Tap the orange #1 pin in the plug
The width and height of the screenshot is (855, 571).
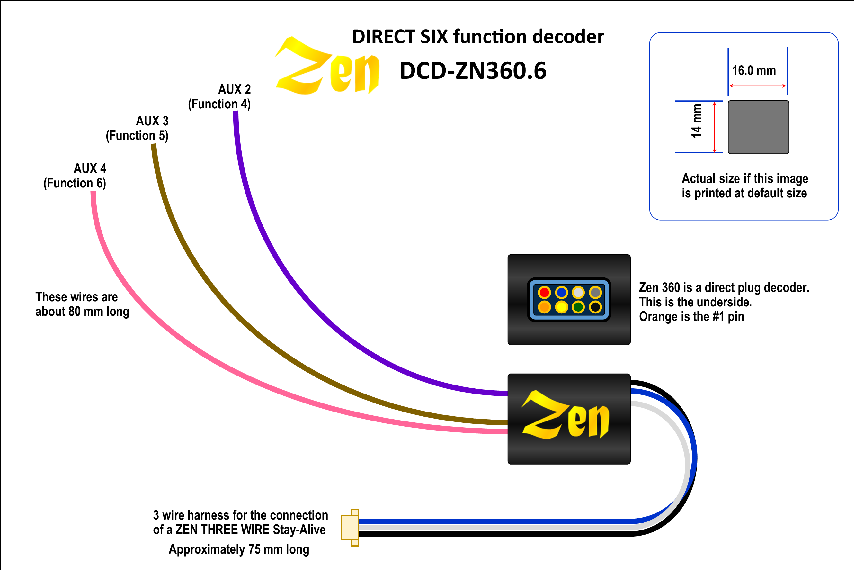(x=544, y=307)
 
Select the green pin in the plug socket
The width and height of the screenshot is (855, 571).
(x=578, y=307)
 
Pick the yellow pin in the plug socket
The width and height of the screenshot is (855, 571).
(x=561, y=307)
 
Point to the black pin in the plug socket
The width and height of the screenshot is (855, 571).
(x=595, y=307)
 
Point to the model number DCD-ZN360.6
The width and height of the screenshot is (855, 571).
(x=473, y=71)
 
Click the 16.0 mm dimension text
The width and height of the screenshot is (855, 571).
(x=754, y=71)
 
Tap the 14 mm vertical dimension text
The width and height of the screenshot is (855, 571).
(x=696, y=121)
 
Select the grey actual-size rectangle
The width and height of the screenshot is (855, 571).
(x=758, y=127)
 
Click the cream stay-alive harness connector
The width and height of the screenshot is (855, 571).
(x=350, y=528)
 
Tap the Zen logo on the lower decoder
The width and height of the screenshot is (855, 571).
(x=566, y=415)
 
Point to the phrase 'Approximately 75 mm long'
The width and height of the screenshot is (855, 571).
(x=239, y=549)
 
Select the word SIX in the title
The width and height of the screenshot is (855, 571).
(x=434, y=37)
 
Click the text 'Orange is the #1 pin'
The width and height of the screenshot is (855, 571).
(x=691, y=316)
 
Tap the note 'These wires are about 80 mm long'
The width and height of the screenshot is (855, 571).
(x=82, y=304)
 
